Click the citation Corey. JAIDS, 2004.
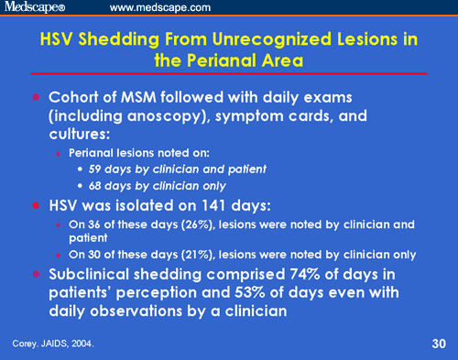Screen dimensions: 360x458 point(54,344)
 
